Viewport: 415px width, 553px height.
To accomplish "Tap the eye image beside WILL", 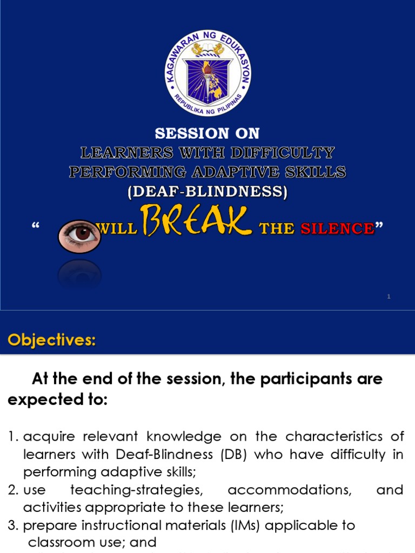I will tap(79, 236).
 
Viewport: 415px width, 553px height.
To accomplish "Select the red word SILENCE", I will tap(337, 228).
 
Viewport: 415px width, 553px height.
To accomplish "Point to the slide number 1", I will tap(389, 296).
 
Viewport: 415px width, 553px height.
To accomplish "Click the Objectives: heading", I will tap(51, 341).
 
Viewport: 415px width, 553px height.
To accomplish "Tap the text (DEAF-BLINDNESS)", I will tap(207, 192).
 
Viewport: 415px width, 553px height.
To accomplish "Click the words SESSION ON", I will tap(207, 133).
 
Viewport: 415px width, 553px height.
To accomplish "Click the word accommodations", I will tap(289, 490).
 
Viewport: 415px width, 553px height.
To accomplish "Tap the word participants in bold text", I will tap(297, 379).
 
